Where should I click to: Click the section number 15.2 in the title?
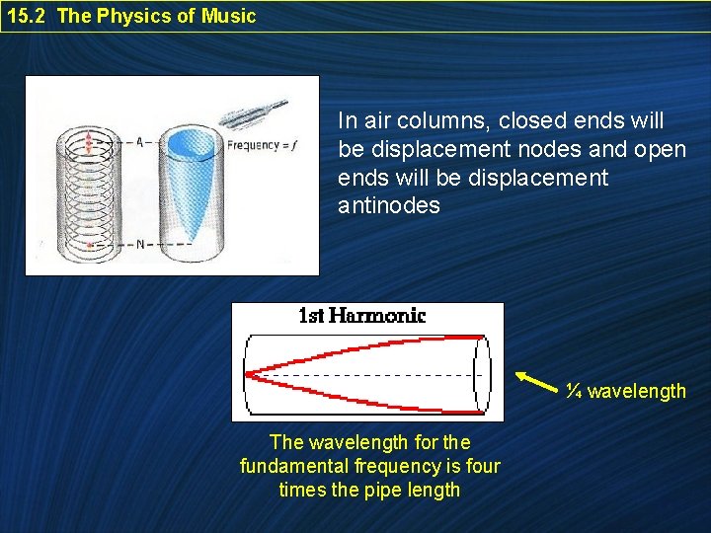(x=27, y=16)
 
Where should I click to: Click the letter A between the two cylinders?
(x=139, y=142)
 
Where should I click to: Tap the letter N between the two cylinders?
(x=139, y=244)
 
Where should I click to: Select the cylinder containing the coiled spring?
(x=90, y=192)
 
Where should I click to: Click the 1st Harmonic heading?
(x=361, y=316)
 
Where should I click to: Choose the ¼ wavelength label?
(x=626, y=391)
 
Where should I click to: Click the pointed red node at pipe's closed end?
(x=251, y=374)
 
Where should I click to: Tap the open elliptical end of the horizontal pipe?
(x=481, y=374)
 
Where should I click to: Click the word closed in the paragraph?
(x=530, y=121)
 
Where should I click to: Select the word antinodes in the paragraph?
(x=388, y=207)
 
